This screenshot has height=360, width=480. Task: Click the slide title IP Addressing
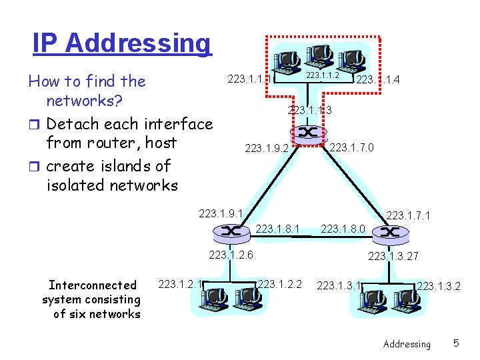(122, 43)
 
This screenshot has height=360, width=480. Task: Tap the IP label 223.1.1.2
(323, 75)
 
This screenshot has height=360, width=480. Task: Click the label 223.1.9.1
(221, 214)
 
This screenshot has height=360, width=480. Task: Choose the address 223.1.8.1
(278, 229)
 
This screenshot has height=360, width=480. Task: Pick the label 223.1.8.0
(343, 229)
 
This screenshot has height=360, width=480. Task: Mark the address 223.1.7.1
(409, 215)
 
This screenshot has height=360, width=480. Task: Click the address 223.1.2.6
(230, 254)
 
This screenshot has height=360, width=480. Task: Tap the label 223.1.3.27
(393, 256)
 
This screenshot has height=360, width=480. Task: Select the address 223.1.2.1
(180, 285)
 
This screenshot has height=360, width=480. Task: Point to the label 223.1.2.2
(279, 285)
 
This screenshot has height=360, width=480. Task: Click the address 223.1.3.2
(439, 287)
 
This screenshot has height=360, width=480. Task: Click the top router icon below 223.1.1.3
(307, 133)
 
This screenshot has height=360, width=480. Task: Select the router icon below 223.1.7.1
(388, 233)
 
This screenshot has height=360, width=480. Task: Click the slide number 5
(456, 343)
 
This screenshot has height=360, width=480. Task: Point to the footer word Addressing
(407, 344)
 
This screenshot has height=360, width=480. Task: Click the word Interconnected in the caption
(89, 285)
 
